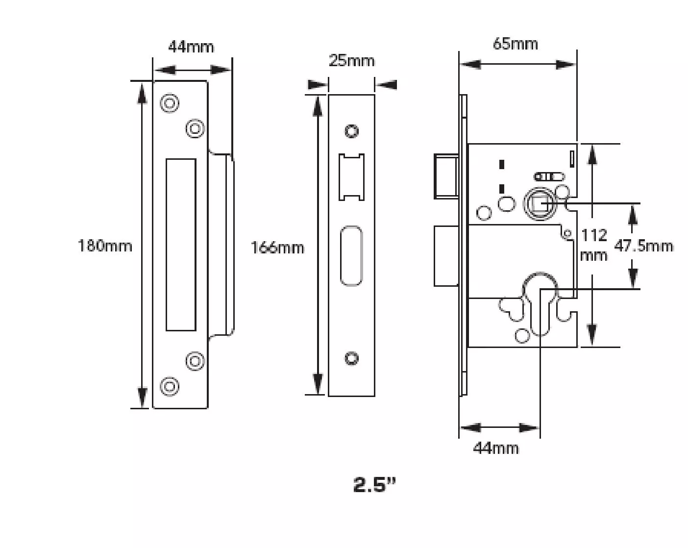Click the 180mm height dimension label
point(105,245)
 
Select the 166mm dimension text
point(277,248)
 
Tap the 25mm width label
point(351,61)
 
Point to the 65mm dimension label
point(515,44)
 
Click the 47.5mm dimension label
point(643,246)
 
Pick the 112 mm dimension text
point(594,245)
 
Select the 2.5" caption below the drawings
point(374,485)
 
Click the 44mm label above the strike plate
point(191,47)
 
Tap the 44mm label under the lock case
point(495,448)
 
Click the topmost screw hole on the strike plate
point(170,103)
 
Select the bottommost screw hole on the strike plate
point(170,386)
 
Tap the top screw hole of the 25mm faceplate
point(351,131)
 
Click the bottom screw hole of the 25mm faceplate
point(351,358)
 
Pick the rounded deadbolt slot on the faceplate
point(351,255)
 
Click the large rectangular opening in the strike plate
point(181,244)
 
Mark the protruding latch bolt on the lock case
point(446,176)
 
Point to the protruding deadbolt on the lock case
point(446,255)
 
